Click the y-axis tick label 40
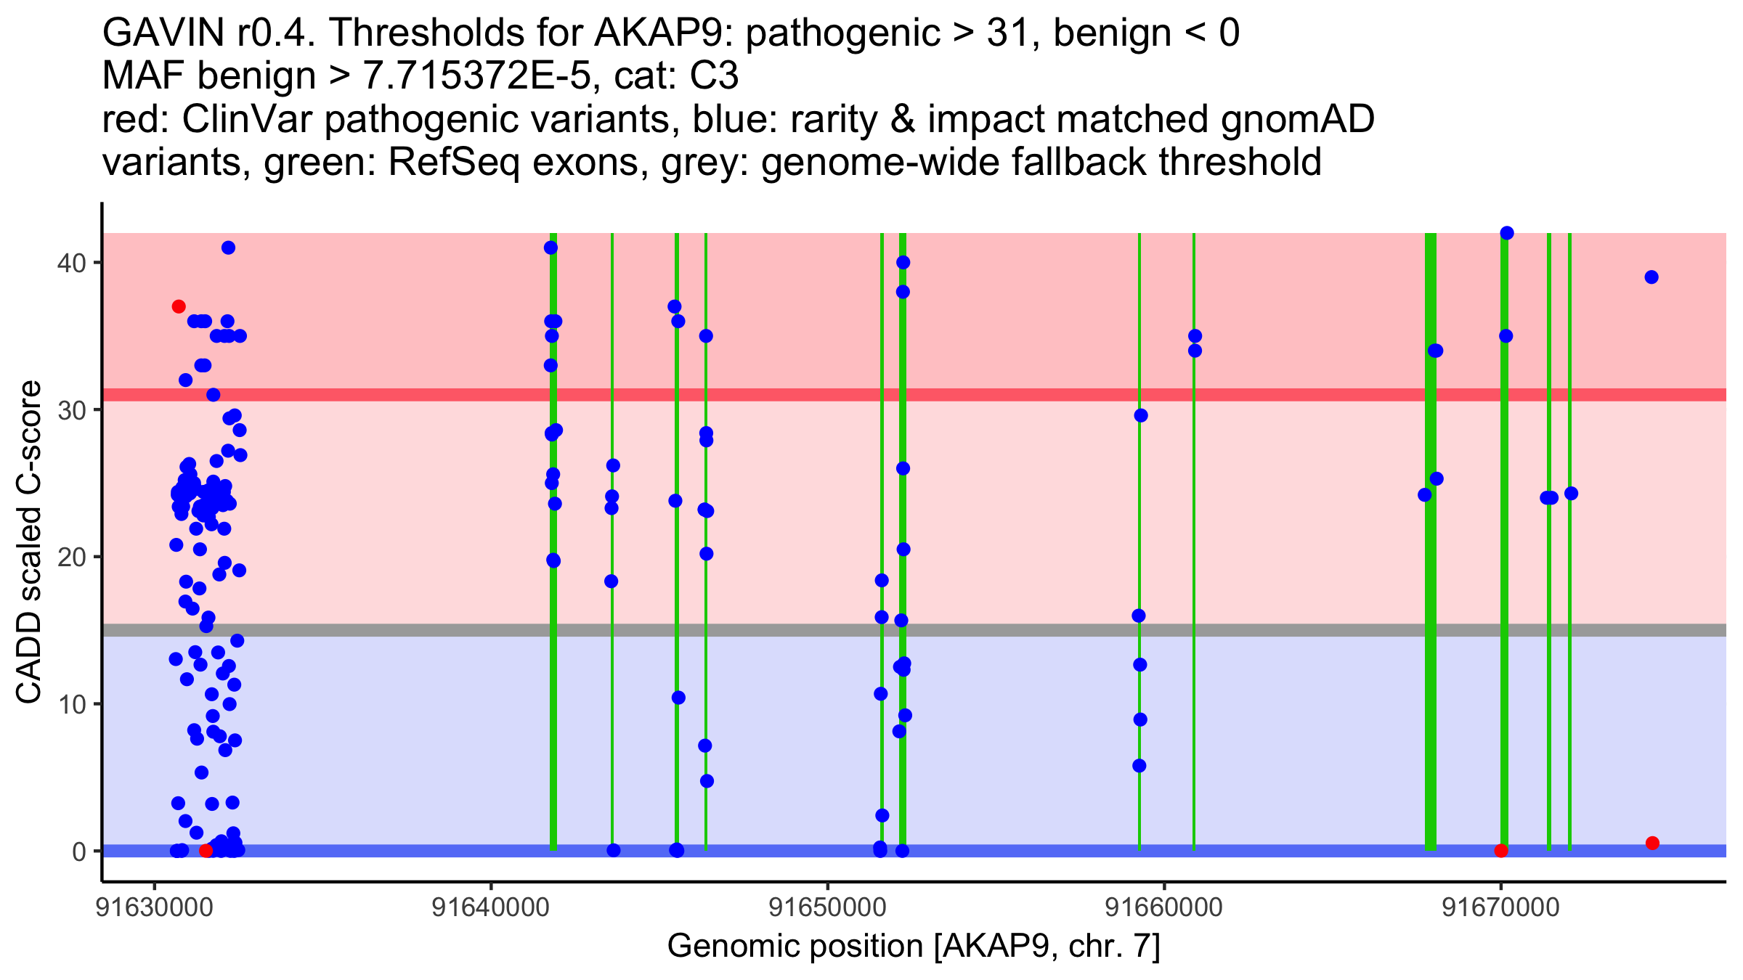[x=71, y=263]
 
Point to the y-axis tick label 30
[x=71, y=410]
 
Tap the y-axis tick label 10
[x=71, y=704]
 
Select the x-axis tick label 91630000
[x=155, y=907]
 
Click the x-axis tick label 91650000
[x=828, y=907]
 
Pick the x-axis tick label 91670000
[x=1501, y=907]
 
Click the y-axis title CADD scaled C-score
[x=29, y=542]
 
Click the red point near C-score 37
[x=179, y=306]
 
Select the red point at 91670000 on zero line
[x=1501, y=851]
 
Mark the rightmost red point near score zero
[x=1653, y=843]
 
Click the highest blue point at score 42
[x=1507, y=233]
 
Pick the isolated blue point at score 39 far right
[x=1651, y=277]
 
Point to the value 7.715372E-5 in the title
[x=476, y=76]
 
